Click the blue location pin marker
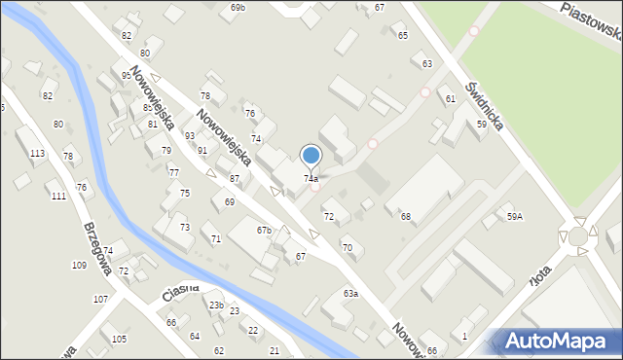pyautogui.click(x=311, y=156)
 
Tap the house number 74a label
pyautogui.click(x=311, y=179)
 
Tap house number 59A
pyautogui.click(x=514, y=217)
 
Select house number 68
pyautogui.click(x=405, y=216)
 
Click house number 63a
pyautogui.click(x=350, y=293)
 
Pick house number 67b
pyautogui.click(x=264, y=231)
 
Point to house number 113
pyautogui.click(x=37, y=154)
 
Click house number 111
pyautogui.click(x=58, y=196)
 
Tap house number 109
pyautogui.click(x=79, y=265)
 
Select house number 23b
pyautogui.click(x=216, y=306)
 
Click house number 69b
pyautogui.click(x=238, y=8)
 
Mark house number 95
pyautogui.click(x=126, y=75)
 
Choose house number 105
pyautogui.click(x=119, y=339)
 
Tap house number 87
pyautogui.click(x=235, y=179)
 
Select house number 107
pyautogui.click(x=100, y=300)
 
